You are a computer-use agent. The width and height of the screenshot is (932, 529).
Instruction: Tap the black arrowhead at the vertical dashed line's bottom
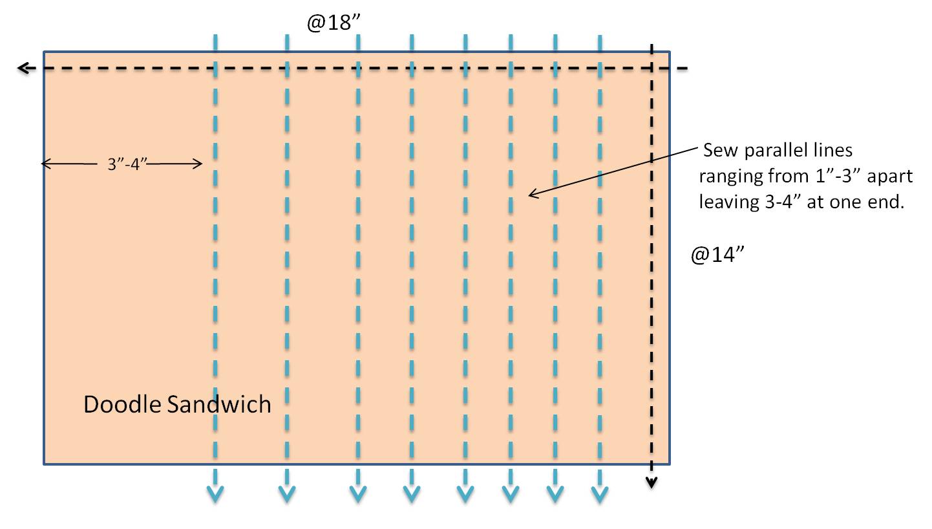[x=651, y=482]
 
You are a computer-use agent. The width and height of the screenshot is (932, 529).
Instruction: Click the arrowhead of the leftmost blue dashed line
[x=215, y=495]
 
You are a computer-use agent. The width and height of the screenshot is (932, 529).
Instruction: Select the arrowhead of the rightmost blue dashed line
[x=599, y=495]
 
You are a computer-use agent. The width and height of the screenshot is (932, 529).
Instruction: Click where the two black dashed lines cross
[x=651, y=68]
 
